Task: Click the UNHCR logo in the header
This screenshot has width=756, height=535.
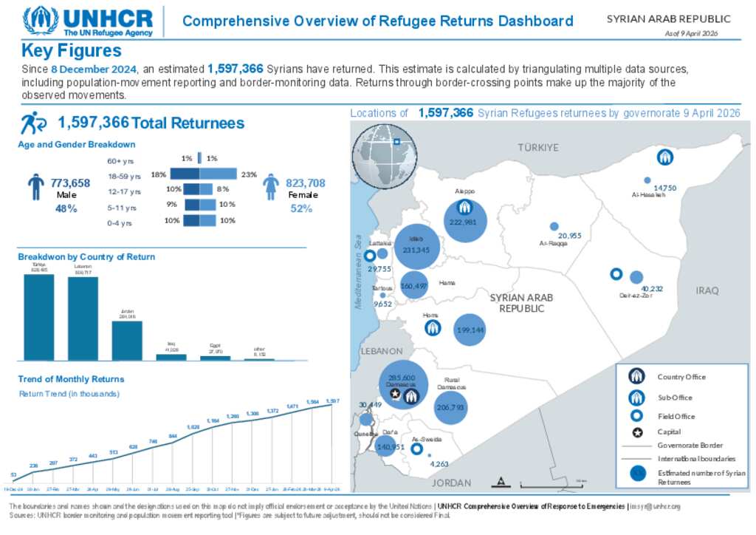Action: click(89, 21)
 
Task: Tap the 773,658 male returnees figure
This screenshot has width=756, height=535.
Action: click(70, 183)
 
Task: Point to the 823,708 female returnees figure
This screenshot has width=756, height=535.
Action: click(305, 183)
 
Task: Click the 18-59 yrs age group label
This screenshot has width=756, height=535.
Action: click(124, 176)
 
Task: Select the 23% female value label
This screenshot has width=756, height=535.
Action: click(249, 175)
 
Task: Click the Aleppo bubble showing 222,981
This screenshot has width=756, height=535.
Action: click(465, 222)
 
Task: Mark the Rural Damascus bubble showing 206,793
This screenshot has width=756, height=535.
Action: click(450, 406)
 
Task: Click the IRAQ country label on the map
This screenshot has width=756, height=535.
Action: click(707, 290)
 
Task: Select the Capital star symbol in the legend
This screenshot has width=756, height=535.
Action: click(637, 432)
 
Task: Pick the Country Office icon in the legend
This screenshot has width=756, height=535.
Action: click(637, 377)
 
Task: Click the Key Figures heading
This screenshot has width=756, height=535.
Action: click(72, 51)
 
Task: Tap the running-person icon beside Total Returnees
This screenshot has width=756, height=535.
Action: click(32, 123)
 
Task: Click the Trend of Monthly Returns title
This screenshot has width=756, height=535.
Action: click(71, 379)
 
